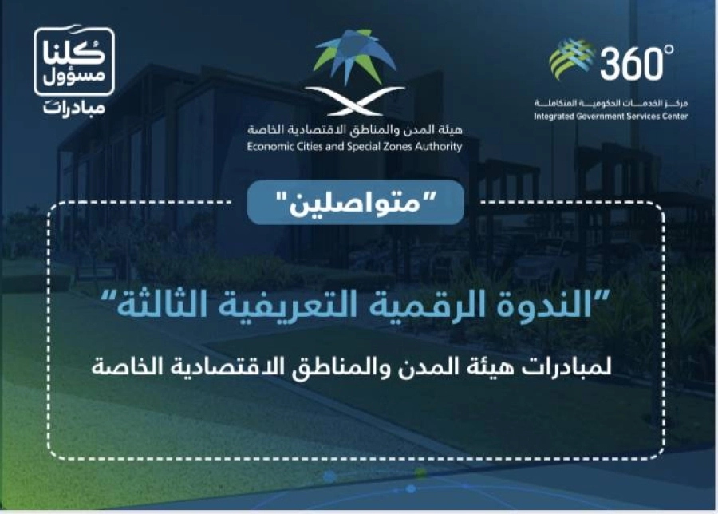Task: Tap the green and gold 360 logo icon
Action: (x=571, y=60)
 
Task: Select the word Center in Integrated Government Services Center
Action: (x=671, y=117)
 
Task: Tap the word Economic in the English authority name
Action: (x=271, y=146)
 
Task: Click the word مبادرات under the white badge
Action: (x=74, y=106)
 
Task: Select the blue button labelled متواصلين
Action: (x=355, y=202)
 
